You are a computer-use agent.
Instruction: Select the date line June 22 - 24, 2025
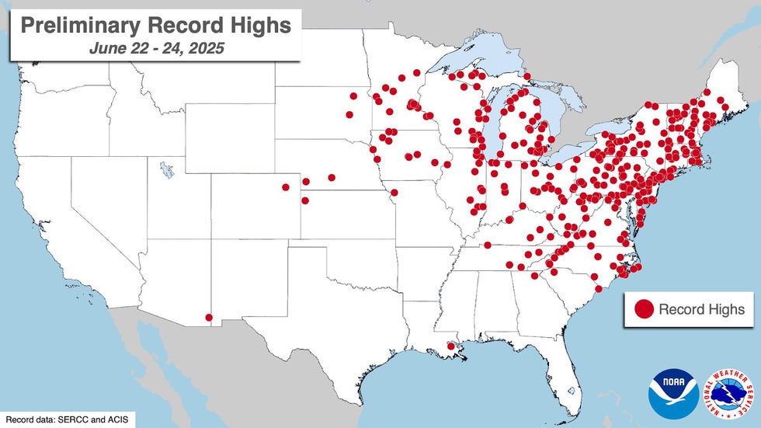point(155,47)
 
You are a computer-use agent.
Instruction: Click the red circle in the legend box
point(644,309)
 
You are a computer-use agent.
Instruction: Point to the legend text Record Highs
point(701,309)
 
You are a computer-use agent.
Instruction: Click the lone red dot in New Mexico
point(208,317)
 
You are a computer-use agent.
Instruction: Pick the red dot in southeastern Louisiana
point(450,346)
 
